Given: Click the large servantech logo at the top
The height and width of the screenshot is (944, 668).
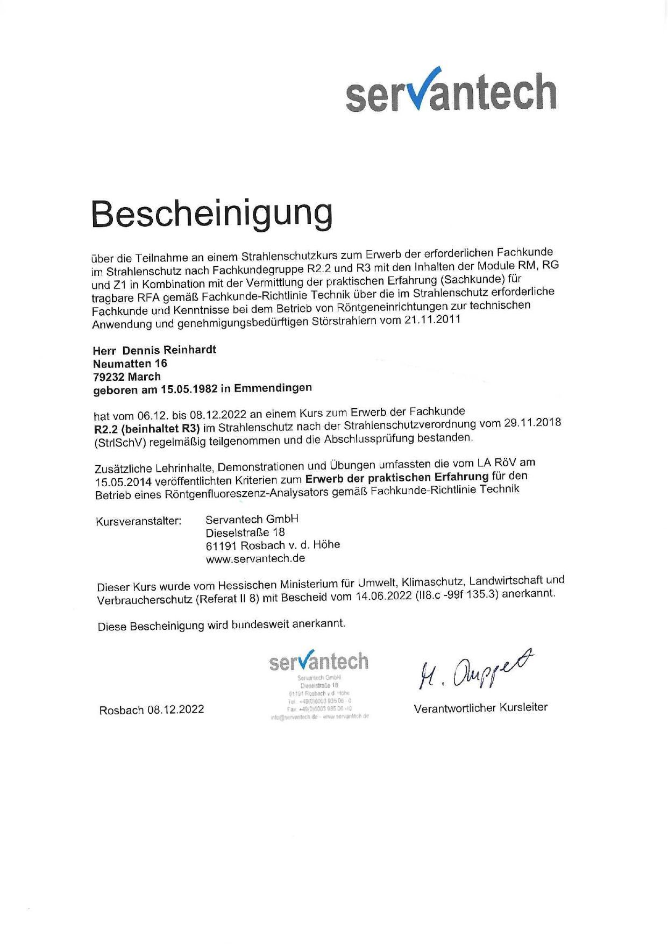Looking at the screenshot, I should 451,91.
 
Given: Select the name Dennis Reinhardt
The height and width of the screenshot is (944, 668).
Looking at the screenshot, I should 169,350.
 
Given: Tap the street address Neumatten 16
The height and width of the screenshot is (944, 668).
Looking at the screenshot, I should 130,364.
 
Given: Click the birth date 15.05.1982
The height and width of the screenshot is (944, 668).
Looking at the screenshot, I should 189,389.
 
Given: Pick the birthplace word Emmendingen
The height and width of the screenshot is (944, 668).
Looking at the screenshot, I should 273,387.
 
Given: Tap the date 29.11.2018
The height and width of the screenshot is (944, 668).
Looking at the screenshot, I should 532,423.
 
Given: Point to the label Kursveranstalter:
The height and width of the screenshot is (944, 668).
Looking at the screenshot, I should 139,522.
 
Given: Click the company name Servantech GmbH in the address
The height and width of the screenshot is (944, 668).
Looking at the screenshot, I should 252,519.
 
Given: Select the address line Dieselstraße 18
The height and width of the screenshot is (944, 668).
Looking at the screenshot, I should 245,533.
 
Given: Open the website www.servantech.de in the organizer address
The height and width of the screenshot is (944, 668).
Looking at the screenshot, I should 255,558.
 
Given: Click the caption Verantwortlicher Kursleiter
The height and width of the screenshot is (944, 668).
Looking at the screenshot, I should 480,708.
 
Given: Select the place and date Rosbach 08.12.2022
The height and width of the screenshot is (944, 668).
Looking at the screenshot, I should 152,710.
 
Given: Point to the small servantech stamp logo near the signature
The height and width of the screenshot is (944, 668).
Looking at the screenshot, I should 319,662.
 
